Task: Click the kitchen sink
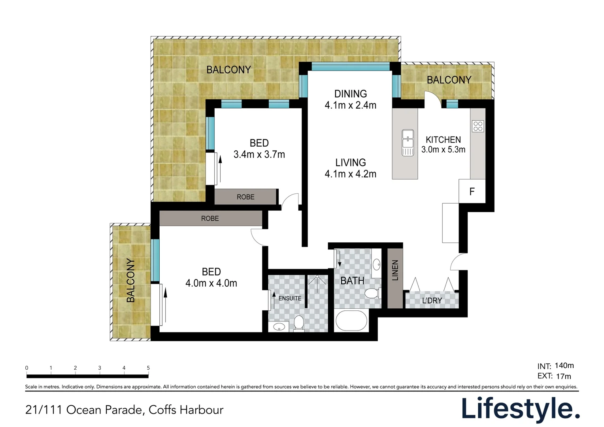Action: click(408, 143)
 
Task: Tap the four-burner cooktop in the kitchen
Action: click(478, 126)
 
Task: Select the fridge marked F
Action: click(472, 191)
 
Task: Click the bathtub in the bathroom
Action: click(351, 321)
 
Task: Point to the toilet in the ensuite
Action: click(298, 323)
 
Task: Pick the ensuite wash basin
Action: click(279, 327)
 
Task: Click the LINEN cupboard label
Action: click(395, 270)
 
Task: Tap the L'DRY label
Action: click(432, 300)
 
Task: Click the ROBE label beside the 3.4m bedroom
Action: click(245, 197)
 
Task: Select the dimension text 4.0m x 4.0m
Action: click(211, 283)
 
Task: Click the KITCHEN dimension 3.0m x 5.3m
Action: click(443, 149)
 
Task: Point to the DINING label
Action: click(351, 94)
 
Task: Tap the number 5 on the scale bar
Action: click(148, 368)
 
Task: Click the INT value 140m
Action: click(564, 365)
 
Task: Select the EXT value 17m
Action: click(563, 376)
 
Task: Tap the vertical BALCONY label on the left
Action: click(130, 281)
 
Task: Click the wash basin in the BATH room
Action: click(377, 264)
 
